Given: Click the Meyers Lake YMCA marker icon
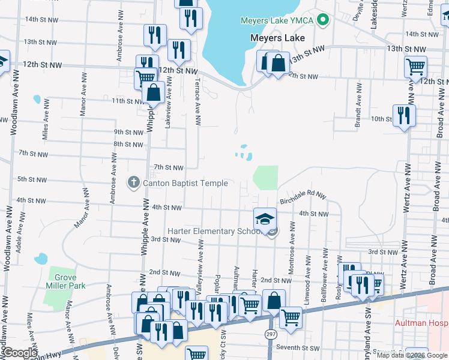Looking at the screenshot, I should (324, 20).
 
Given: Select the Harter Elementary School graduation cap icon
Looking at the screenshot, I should (264, 220).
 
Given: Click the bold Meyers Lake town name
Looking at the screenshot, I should (277, 38).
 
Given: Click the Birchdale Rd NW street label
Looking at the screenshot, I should (303, 199).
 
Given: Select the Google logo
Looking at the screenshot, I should (21, 353).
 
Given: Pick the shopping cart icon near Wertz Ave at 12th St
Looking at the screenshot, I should (415, 67).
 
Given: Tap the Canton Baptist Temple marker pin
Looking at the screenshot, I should (134, 182).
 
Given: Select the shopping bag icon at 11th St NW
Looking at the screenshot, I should (154, 94).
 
